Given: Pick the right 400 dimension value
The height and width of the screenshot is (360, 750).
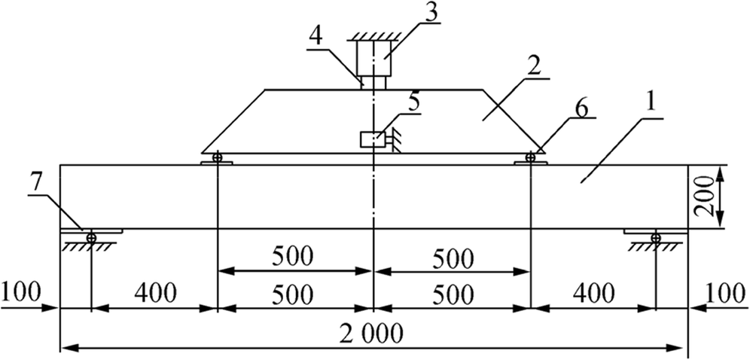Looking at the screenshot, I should point(592,290).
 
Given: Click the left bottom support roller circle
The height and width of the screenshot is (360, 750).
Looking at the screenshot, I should point(91,237).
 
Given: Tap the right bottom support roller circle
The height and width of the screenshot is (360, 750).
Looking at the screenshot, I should point(656,237).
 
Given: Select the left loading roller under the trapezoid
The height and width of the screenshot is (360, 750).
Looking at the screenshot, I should point(218,158).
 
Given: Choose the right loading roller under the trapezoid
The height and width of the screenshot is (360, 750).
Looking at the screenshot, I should point(531,157).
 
